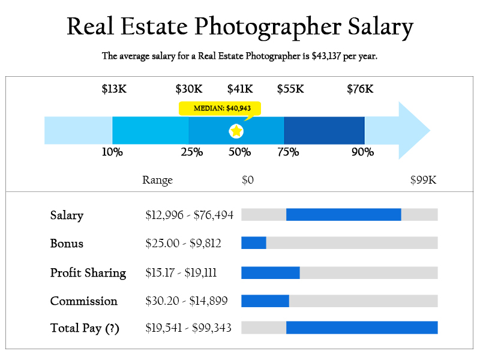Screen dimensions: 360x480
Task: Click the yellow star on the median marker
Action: [236, 131]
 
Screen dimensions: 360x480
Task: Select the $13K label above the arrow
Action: [114, 89]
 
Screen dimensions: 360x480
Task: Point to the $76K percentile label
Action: [360, 89]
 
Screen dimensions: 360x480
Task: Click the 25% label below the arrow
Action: [192, 152]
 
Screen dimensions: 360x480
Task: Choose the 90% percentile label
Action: [362, 152]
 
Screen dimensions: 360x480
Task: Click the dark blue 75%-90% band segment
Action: [324, 131]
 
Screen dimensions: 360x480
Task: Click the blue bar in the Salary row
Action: [343, 215]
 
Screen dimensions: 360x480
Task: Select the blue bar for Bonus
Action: [253, 243]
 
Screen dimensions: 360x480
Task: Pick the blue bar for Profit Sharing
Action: [270, 272]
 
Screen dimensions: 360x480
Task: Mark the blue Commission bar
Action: [265, 301]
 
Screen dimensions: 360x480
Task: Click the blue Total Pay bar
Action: [362, 328]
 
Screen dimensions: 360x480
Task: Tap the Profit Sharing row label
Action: [88, 273]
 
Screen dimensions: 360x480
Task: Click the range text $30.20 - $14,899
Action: [186, 301]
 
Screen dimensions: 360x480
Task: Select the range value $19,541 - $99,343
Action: [188, 328]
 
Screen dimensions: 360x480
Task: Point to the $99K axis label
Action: [423, 180]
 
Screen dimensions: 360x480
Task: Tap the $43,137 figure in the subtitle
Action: [329, 56]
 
